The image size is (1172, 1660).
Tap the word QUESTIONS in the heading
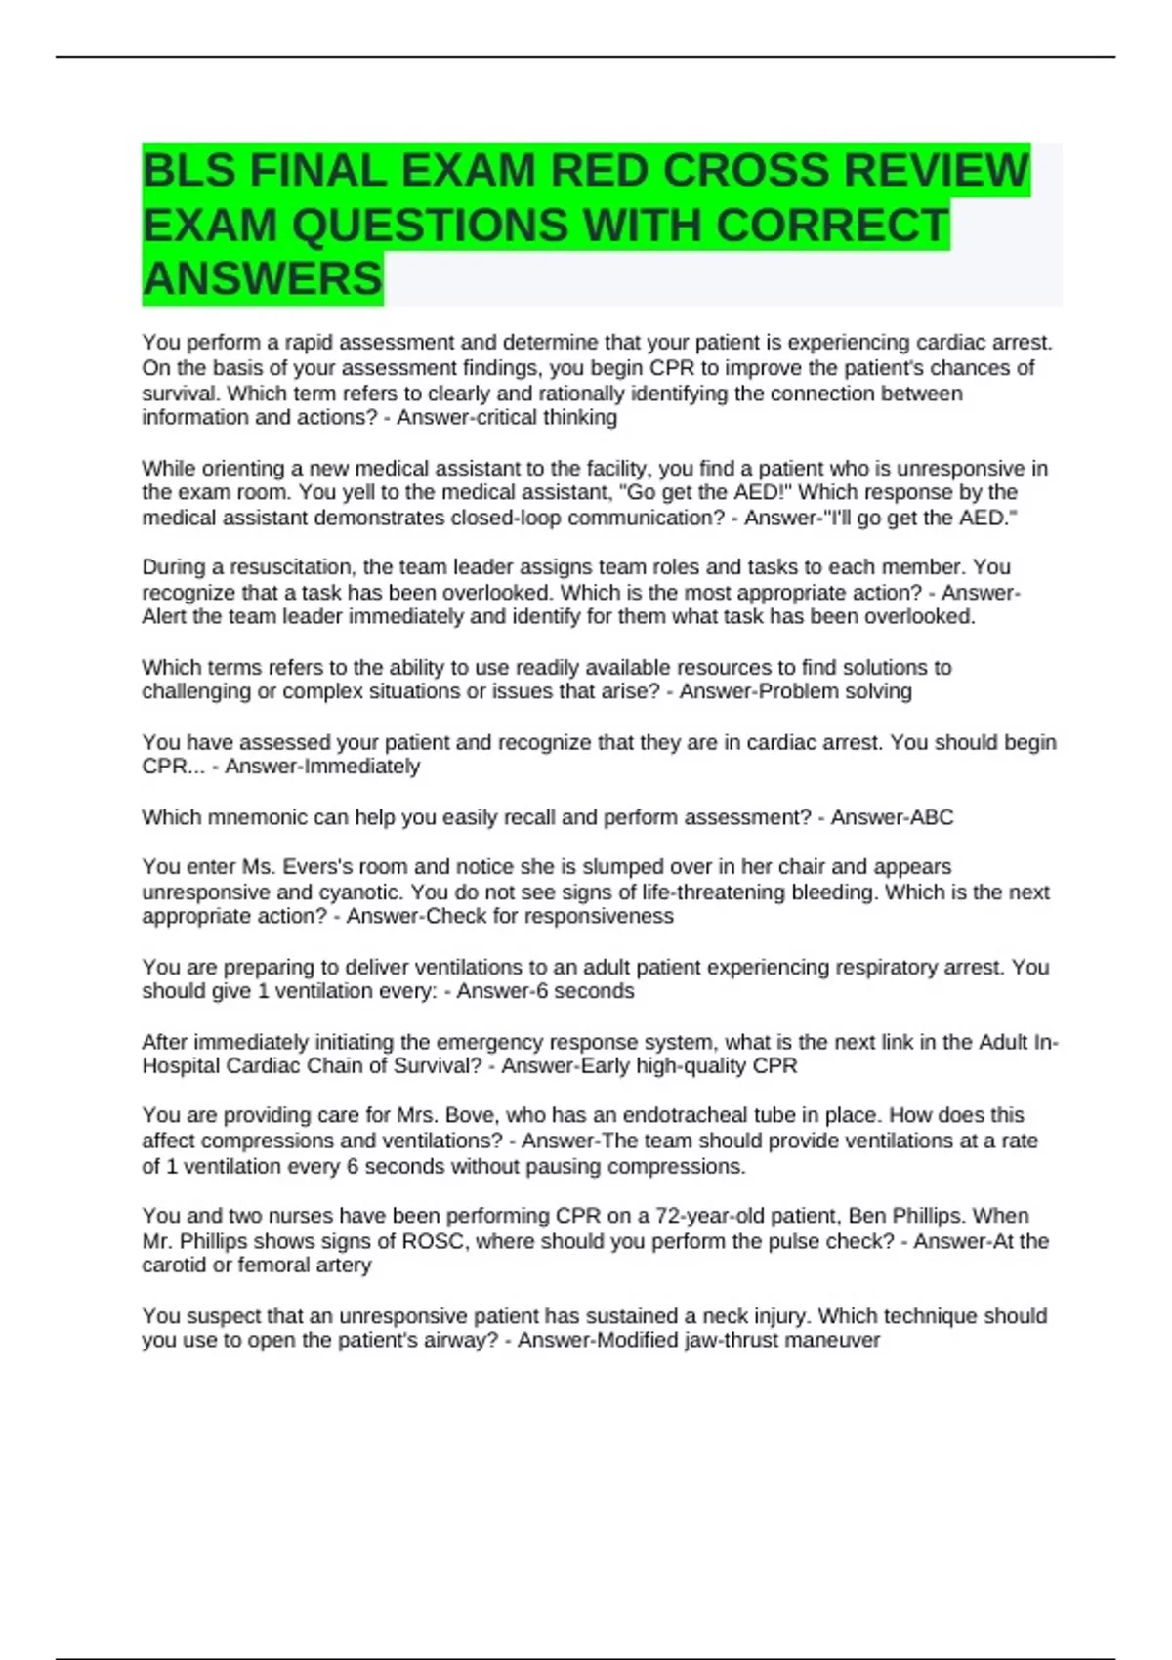(430, 226)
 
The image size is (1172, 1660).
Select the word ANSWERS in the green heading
(263, 279)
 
